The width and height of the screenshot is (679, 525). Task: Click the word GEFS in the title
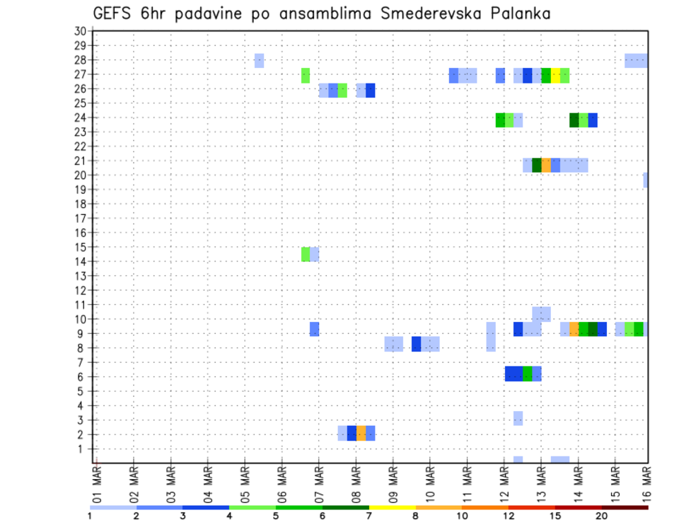click(114, 14)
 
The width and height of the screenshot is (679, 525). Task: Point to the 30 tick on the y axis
click(80, 31)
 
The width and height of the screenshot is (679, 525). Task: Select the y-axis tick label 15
click(80, 247)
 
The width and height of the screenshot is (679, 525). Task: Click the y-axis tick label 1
click(83, 449)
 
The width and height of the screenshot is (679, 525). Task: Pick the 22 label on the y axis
click(80, 146)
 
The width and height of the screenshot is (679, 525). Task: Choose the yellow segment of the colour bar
click(393, 507)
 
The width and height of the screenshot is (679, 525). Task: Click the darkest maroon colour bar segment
click(625, 507)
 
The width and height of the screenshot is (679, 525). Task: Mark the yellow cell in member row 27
click(555, 75)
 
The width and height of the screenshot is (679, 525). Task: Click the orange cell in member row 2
click(361, 433)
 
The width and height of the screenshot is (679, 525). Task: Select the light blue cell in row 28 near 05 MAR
click(259, 61)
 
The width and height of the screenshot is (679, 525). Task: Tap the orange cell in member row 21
click(546, 165)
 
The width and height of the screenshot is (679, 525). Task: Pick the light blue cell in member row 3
click(518, 418)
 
